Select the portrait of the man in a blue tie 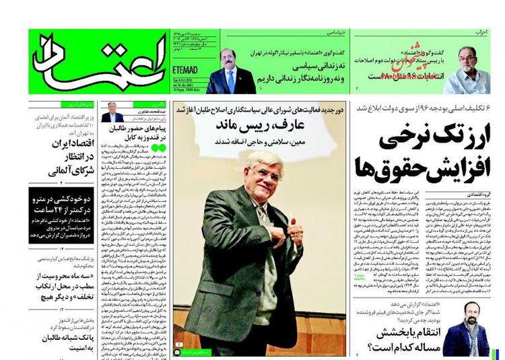pyautogui.click(x=230, y=70)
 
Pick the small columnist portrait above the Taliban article pyautogui.click(x=112, y=112)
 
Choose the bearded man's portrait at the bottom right pyautogui.click(x=465, y=329)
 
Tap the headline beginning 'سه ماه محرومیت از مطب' pyautogui.click(x=61, y=283)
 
